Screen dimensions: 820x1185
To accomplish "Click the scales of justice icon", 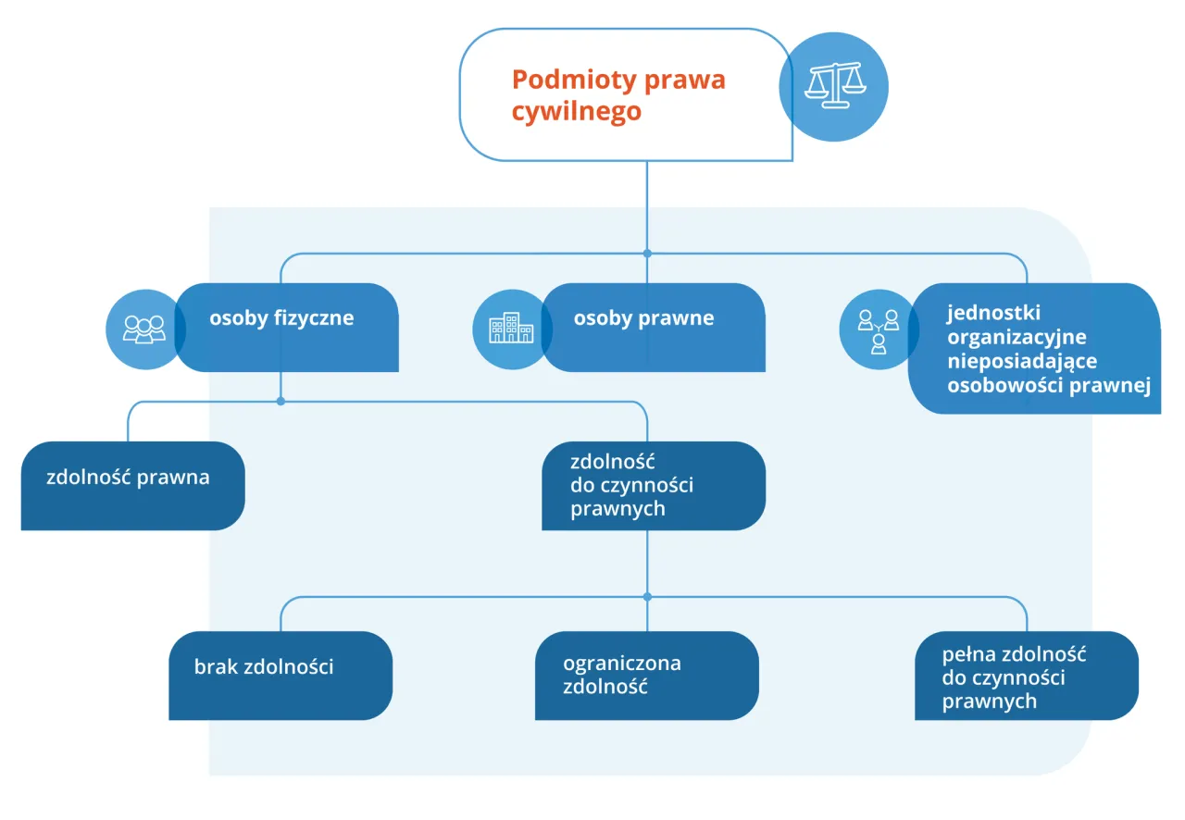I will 833,86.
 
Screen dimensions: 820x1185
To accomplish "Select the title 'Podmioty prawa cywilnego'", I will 617,95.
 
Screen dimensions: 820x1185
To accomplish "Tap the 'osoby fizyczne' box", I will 287,327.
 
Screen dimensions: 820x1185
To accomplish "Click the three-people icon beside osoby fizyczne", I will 143,329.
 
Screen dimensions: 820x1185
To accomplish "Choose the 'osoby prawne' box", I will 653,327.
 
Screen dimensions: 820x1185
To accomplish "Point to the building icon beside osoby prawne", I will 510,329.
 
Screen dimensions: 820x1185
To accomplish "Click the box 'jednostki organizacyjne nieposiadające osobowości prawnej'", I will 1035,349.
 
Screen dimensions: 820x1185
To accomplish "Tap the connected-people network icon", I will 878,330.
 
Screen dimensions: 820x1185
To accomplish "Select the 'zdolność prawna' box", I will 132,485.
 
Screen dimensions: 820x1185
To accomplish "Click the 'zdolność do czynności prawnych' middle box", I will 653,485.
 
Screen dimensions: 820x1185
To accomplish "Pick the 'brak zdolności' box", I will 281,675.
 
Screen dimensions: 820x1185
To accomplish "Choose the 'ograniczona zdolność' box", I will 647,675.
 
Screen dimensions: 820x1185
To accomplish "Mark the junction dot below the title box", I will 647,254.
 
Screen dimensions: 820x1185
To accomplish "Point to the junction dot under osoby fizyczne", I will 281,402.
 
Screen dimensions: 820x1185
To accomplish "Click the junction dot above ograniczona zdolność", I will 647,597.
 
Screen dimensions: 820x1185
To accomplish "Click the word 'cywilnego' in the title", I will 577,112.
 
